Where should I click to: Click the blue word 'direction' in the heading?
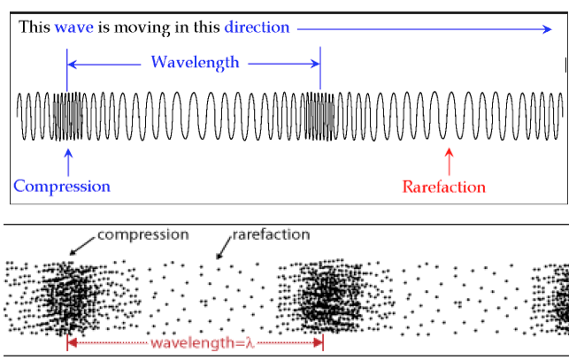[x=257, y=27]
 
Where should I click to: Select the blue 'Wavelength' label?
[x=195, y=63]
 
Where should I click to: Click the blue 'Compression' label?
[x=62, y=187]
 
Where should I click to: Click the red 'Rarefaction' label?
[x=443, y=187]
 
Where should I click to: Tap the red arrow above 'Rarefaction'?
[x=449, y=162]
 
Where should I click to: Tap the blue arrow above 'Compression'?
[x=67, y=160]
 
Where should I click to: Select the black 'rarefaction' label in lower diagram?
[x=271, y=234]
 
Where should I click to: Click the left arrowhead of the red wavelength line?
[x=71, y=342]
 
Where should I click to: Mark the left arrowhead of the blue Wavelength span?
[x=71, y=64]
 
